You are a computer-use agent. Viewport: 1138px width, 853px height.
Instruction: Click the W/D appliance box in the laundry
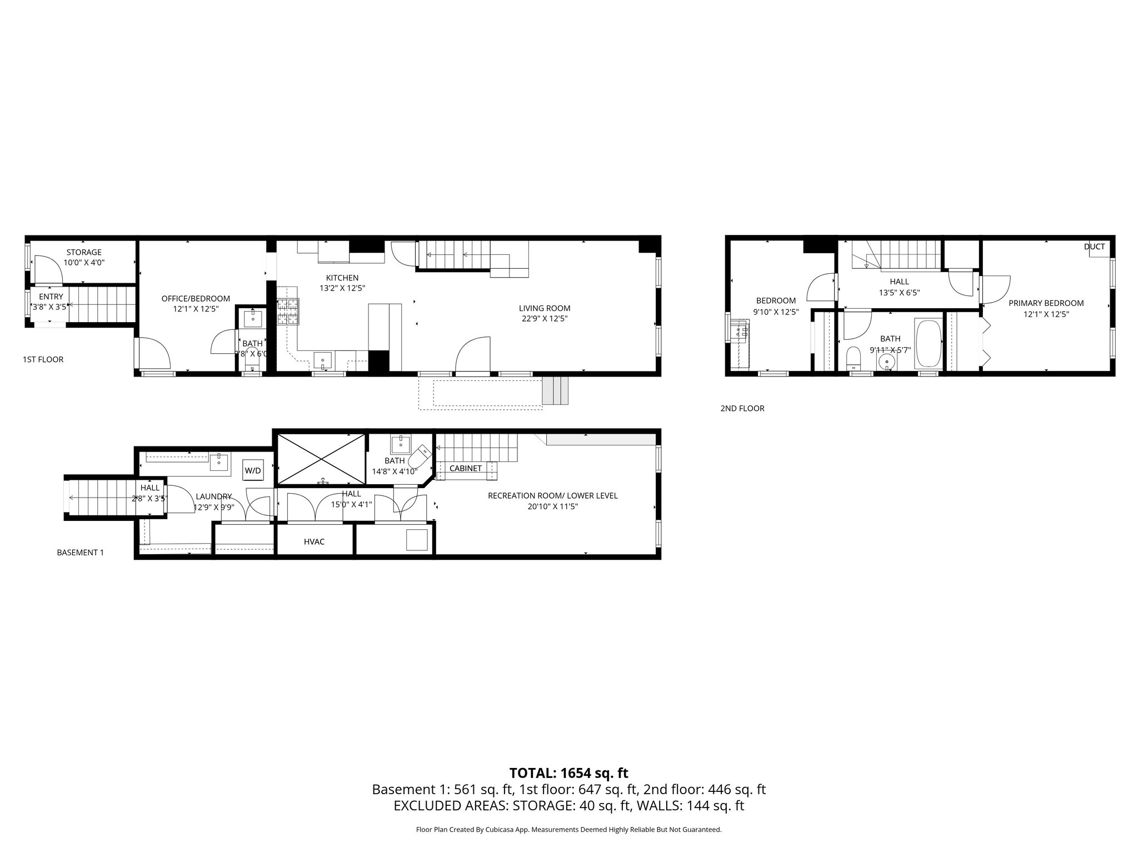coord(253,470)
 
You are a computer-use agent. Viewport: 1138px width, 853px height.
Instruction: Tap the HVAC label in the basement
coord(314,541)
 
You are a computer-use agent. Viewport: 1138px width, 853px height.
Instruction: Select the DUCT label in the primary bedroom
coord(1094,247)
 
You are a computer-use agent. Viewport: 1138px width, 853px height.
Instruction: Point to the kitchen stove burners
coord(288,312)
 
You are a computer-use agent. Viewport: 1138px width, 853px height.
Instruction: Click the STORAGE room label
coord(84,252)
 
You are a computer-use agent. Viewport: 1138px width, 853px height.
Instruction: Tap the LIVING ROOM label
coord(544,308)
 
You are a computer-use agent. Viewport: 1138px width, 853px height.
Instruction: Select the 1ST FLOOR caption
coord(43,359)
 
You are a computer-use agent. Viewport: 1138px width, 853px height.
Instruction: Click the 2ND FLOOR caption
coord(742,408)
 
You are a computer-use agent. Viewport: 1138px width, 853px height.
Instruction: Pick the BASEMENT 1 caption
coord(80,553)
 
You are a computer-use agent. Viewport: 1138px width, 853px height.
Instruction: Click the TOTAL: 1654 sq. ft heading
coord(568,772)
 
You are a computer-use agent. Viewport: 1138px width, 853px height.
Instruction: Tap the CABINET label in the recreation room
coord(465,468)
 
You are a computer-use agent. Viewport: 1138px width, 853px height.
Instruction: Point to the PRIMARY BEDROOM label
coord(1046,303)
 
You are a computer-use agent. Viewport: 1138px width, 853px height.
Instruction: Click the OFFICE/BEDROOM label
coord(196,298)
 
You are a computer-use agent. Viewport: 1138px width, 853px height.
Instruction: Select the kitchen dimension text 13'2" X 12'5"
coord(342,288)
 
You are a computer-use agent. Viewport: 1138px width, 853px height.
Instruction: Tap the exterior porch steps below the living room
coord(556,390)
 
